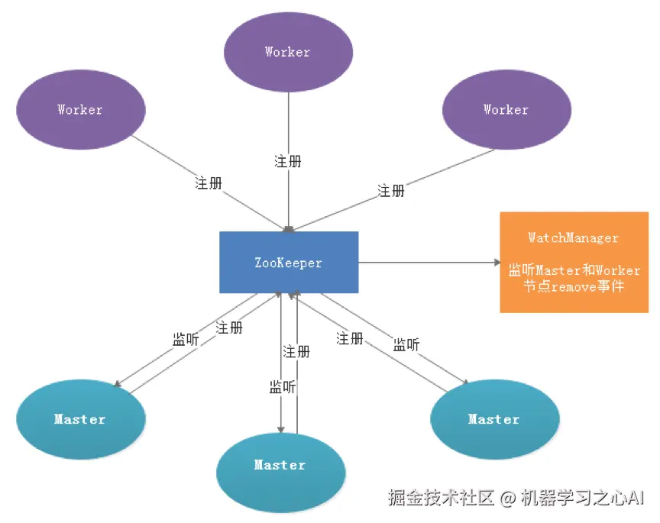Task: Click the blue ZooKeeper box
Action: pyautogui.click(x=288, y=263)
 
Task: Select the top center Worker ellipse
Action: pyautogui.click(x=288, y=53)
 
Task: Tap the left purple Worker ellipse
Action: pyautogui.click(x=80, y=110)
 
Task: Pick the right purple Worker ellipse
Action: pyautogui.click(x=506, y=110)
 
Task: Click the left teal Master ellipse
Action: pyautogui.click(x=80, y=419)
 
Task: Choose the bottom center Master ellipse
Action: pyautogui.click(x=280, y=465)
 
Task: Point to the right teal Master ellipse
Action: pyautogui.click(x=493, y=419)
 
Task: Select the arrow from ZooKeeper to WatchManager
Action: pyautogui.click(x=428, y=263)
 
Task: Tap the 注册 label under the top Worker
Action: pyautogui.click(x=288, y=162)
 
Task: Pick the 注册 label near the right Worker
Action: pyautogui.click(x=391, y=191)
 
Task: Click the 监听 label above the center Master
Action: pyautogui.click(x=283, y=387)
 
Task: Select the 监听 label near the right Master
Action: pyautogui.click(x=406, y=345)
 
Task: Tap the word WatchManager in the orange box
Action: pyautogui.click(x=573, y=238)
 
